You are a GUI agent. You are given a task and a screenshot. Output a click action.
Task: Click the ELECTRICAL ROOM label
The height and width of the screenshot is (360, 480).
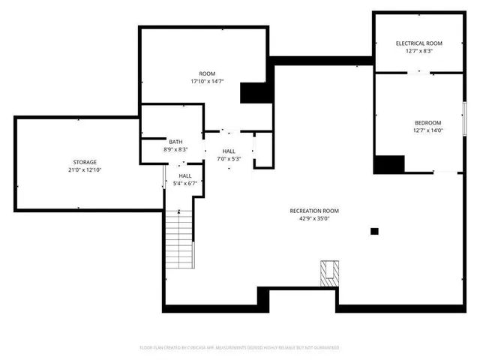pos(419,43)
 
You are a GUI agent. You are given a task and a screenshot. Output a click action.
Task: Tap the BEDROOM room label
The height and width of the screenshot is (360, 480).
pos(427,123)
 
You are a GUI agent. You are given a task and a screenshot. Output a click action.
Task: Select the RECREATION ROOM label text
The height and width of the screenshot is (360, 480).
pos(314,211)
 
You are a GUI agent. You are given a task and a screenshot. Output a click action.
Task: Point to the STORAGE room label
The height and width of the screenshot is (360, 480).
pos(84,162)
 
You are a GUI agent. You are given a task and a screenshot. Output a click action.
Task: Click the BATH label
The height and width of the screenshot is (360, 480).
pos(175,142)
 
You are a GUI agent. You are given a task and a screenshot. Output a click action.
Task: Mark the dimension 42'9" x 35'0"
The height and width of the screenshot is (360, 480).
pos(314,219)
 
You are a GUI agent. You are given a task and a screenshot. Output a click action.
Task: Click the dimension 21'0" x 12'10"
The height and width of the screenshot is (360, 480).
pos(84,170)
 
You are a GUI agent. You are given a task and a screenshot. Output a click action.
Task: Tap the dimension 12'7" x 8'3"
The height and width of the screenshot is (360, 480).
pos(419,51)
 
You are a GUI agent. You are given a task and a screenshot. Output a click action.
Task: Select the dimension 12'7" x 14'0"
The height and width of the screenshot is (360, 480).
pos(427,130)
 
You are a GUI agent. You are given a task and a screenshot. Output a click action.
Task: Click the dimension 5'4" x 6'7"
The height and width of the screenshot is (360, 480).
pos(184,183)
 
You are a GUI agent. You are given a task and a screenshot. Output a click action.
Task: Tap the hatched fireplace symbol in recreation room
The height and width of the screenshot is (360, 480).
pos(328,273)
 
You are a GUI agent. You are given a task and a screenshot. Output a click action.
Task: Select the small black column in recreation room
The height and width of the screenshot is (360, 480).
pos(374,232)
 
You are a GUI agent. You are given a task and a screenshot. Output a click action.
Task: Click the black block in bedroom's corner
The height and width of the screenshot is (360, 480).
pos(388,164)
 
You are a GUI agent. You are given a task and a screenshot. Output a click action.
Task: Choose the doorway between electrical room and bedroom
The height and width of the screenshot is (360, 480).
pos(419,72)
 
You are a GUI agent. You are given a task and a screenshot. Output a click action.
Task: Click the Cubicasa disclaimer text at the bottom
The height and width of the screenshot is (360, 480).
pos(239,348)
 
